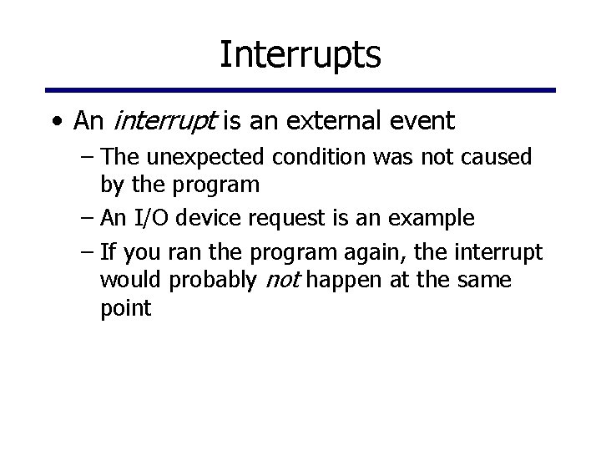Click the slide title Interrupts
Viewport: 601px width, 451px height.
tap(300, 54)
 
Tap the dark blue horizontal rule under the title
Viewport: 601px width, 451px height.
tap(300, 90)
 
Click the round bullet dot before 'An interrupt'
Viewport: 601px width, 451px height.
tap(55, 122)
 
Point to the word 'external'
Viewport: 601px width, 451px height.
tap(329, 122)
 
